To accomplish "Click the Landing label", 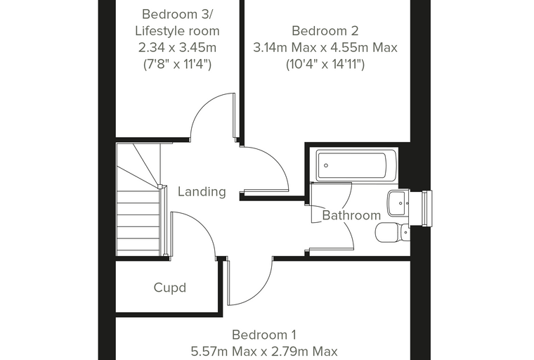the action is click(202, 191).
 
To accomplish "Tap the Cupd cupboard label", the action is click(170, 288).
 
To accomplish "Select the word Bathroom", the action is click(351, 215).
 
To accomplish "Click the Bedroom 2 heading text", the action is click(325, 31).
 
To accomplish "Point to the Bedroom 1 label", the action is click(264, 335).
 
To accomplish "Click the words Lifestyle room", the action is click(177, 31).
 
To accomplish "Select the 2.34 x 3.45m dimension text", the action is click(178, 47).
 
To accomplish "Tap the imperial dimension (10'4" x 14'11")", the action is click(325, 64).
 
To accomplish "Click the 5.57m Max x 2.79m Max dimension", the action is click(264, 351).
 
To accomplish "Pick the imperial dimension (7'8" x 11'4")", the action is click(178, 64).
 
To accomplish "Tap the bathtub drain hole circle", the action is click(326, 166).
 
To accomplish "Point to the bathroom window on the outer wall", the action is click(427, 208).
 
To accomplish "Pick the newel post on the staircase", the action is click(160, 186).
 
